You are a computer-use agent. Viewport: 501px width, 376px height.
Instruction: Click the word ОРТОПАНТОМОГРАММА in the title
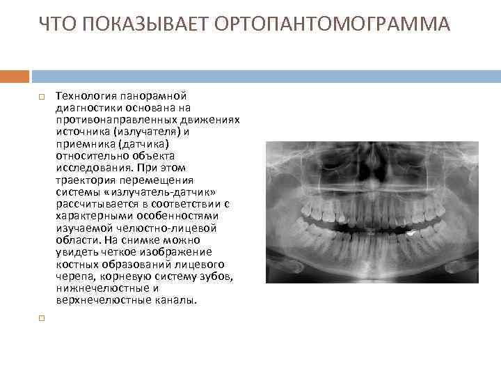[x=333, y=25]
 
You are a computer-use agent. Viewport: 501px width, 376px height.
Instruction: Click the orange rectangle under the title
[x=15, y=76]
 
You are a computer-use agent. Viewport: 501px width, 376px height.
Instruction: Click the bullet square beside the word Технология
[x=42, y=96]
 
